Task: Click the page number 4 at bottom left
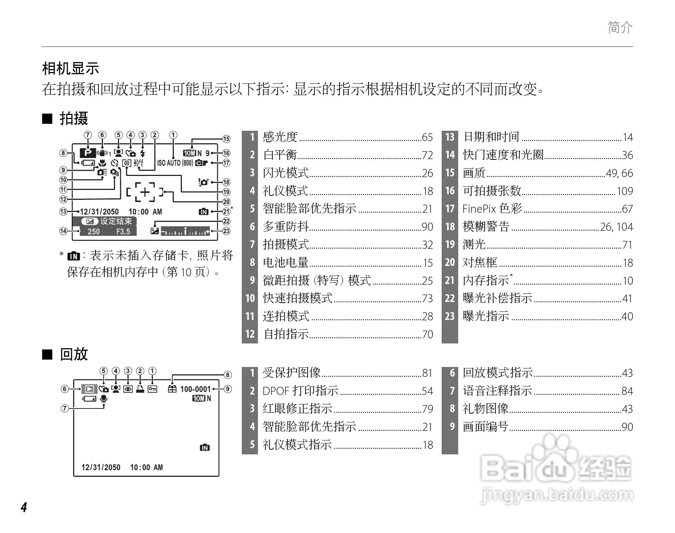click(x=24, y=507)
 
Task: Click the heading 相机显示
click(x=71, y=68)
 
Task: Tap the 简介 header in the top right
click(x=620, y=27)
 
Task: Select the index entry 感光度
click(x=280, y=137)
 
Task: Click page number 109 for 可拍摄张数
click(x=625, y=191)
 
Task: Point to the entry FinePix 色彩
click(x=492, y=209)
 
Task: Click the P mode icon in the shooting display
click(x=87, y=152)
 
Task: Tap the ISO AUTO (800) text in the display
click(x=175, y=163)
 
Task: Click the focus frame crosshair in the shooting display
click(x=145, y=192)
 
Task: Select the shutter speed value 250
click(x=94, y=231)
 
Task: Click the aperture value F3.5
click(x=123, y=231)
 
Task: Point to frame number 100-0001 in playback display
click(x=195, y=389)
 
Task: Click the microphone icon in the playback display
click(x=104, y=399)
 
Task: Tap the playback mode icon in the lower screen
click(x=89, y=389)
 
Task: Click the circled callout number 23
click(x=226, y=231)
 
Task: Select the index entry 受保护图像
click(x=292, y=373)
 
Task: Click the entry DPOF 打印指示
click(x=301, y=391)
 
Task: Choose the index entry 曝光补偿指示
click(x=498, y=298)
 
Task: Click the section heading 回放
click(x=74, y=354)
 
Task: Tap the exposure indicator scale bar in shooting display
click(x=185, y=231)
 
